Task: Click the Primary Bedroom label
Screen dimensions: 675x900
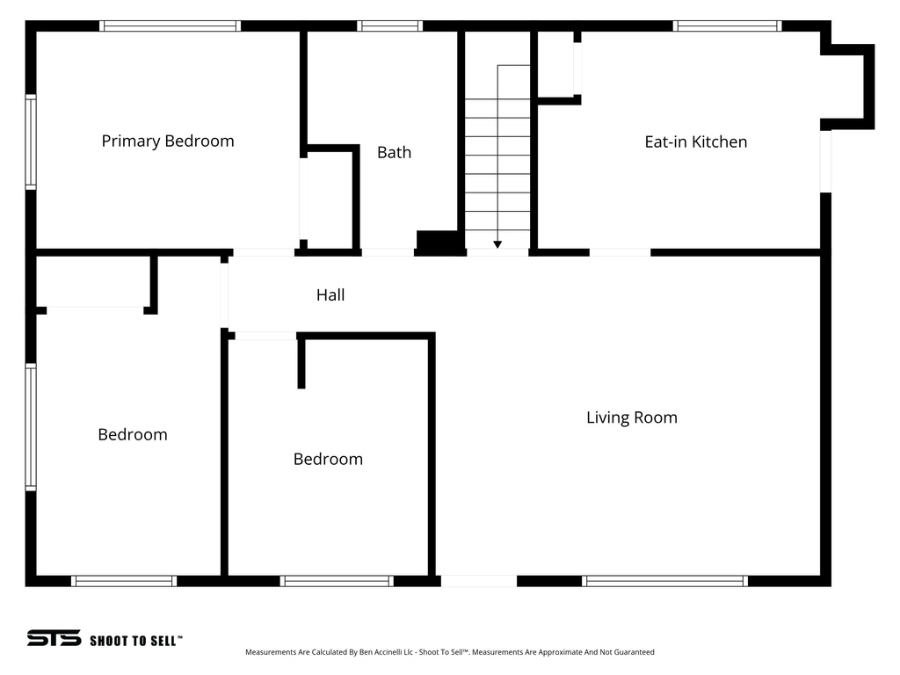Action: point(168,141)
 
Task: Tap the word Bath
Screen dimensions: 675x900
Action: point(394,152)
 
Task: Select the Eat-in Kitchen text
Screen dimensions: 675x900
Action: point(695,142)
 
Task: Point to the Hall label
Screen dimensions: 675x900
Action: point(330,295)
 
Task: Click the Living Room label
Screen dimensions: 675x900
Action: point(631,417)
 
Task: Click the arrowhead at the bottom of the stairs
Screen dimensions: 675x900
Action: point(497,245)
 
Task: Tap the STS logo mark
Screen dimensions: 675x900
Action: point(54,638)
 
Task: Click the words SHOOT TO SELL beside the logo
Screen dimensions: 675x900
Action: point(135,641)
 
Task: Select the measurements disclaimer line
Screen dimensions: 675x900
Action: point(449,652)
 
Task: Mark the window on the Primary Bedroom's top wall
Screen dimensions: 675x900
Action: point(170,26)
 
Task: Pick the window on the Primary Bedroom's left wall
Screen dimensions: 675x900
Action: point(31,142)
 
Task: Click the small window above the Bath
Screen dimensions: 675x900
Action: point(389,26)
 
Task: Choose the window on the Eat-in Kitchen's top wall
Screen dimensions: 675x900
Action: point(727,26)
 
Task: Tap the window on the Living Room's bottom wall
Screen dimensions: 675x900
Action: point(665,581)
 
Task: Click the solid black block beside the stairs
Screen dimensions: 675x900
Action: point(439,242)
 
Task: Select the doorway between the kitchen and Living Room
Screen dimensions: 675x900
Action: point(620,252)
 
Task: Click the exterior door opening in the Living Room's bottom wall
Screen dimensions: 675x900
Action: point(478,581)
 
